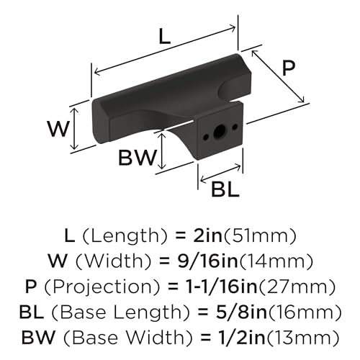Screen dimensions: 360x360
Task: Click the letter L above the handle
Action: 165,36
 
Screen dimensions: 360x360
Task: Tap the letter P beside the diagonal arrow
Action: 288,68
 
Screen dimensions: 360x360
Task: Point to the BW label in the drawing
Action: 138,158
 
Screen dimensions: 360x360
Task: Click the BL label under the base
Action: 225,189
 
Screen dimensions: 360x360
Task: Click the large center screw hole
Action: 219,132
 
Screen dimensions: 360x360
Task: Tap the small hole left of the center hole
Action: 206,137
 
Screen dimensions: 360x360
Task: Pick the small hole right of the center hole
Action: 235,126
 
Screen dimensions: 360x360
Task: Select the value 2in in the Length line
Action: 207,235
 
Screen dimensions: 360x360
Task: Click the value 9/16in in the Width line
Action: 207,261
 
